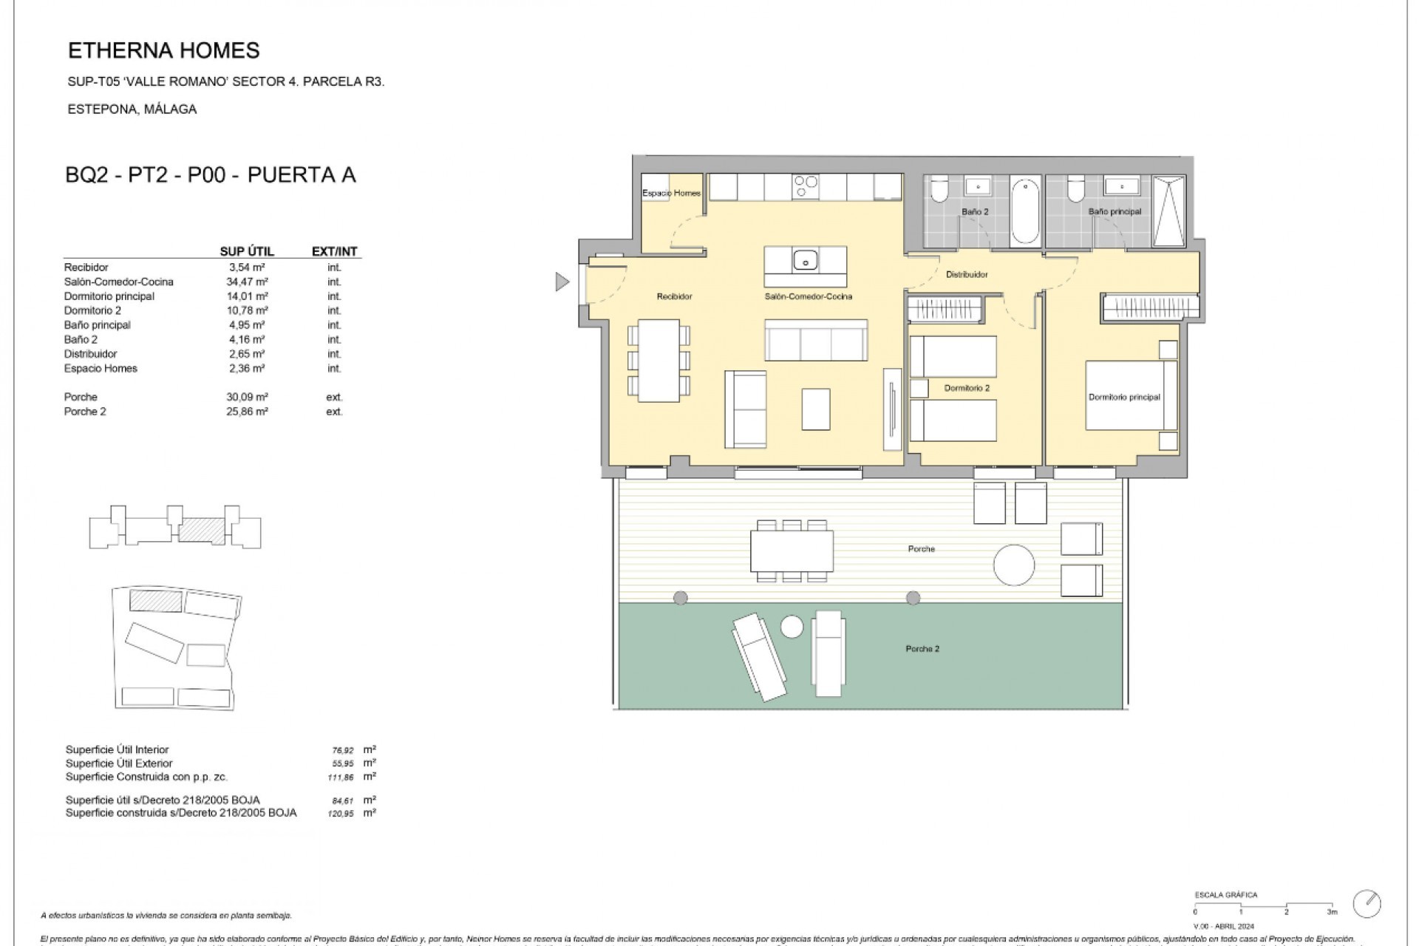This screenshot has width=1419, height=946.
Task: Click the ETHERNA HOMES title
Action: (163, 50)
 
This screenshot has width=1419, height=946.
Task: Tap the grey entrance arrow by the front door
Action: (562, 282)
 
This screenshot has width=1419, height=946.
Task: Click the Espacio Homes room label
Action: (671, 194)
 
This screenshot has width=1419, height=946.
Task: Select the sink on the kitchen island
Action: (805, 260)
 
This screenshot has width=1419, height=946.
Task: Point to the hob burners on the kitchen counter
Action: (805, 186)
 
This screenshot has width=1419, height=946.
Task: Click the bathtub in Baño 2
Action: (1025, 210)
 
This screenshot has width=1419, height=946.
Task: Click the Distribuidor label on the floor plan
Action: (967, 275)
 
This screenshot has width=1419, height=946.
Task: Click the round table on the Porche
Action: (1013, 565)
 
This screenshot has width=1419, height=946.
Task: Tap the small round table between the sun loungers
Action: (792, 627)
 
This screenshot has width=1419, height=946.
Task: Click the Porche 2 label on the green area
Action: (922, 649)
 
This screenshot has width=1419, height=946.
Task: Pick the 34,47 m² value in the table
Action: (247, 282)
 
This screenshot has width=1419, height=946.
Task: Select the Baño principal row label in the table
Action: (97, 325)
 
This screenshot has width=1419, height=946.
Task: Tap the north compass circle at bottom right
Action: (1367, 903)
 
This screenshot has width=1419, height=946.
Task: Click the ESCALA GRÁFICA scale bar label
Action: (1225, 895)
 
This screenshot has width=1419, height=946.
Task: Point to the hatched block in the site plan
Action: (156, 600)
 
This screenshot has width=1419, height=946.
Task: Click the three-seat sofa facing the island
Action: (816, 341)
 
